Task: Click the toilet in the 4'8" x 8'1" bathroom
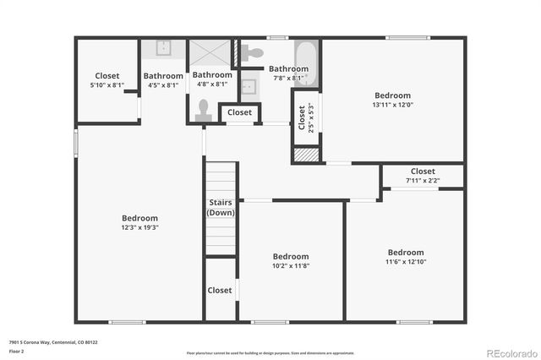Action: click(x=203, y=109)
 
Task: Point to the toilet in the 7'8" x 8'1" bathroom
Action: click(x=252, y=52)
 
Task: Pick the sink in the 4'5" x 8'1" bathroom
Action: click(x=164, y=47)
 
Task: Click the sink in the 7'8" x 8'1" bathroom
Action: click(x=249, y=86)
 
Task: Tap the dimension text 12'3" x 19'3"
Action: click(x=139, y=227)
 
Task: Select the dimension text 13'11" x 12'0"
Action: click(x=392, y=106)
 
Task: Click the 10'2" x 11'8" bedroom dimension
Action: click(x=290, y=266)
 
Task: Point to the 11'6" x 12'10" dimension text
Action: click(x=405, y=262)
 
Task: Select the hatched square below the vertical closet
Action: click(x=306, y=155)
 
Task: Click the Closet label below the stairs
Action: click(x=220, y=290)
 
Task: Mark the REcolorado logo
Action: click(x=510, y=352)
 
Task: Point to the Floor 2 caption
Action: click(x=17, y=350)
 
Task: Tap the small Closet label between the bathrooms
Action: click(x=239, y=112)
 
